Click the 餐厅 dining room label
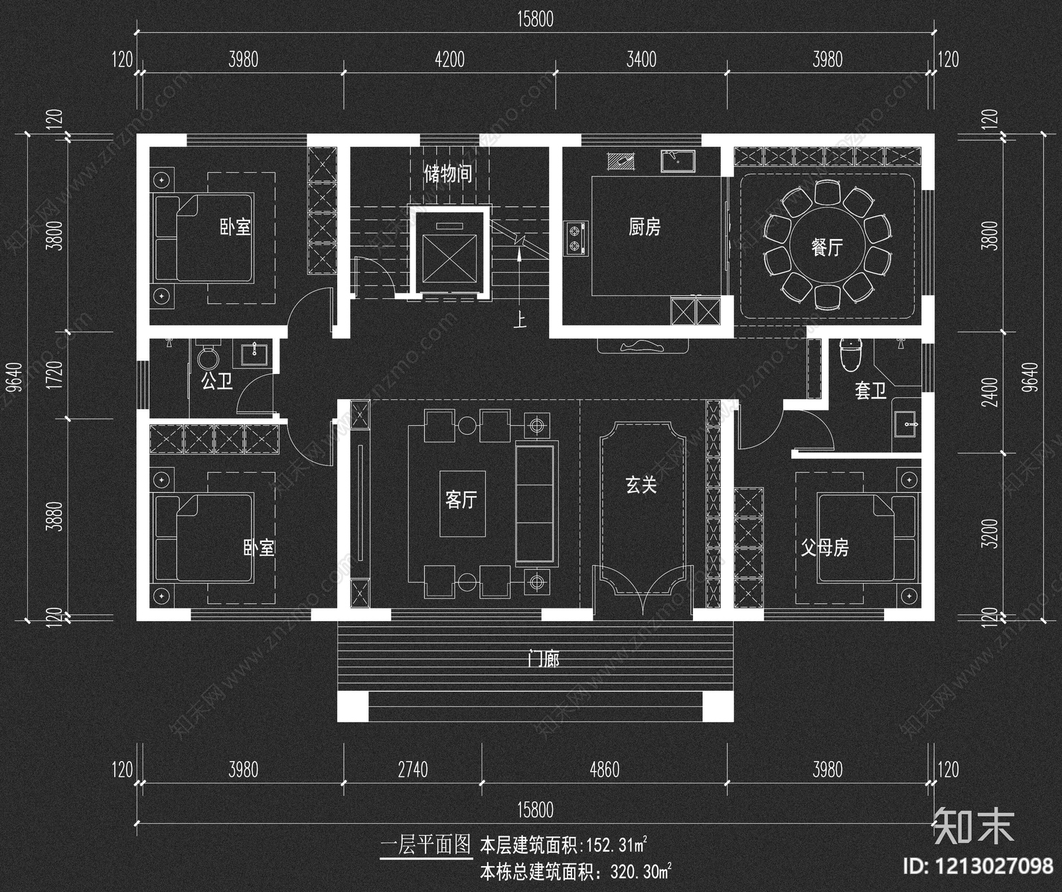coord(826,248)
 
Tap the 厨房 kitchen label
coord(644,227)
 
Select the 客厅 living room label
coord(461,499)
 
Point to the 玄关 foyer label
coord(641,485)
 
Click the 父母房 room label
coord(824,548)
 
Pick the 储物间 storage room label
coord(448,174)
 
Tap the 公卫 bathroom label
coord(216,381)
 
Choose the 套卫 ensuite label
coord(870,391)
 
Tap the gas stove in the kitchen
coord(575,238)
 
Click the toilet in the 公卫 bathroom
coord(208,357)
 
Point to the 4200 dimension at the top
coord(449,60)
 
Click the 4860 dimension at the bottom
coord(604,770)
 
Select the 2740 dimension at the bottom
coord(412,770)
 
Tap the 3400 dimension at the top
coord(641,60)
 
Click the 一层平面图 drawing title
coord(425,845)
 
